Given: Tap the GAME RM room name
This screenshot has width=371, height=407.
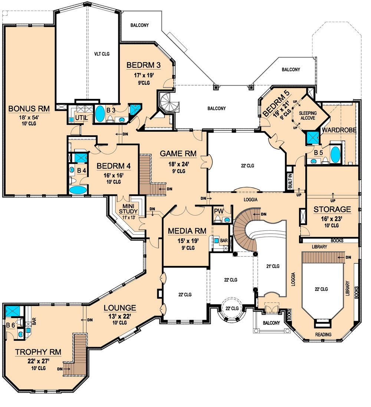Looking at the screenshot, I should point(178,153).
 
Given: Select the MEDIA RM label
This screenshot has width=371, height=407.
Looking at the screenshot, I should point(187,231).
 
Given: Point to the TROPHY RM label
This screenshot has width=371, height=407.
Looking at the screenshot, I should point(38,352).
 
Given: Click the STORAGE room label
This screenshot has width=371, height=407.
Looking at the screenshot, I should point(332,210).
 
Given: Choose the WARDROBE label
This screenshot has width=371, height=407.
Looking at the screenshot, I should point(339,130).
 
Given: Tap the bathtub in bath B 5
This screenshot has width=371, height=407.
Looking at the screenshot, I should point(335,155).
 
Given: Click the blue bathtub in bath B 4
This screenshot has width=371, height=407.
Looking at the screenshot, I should point(77,190).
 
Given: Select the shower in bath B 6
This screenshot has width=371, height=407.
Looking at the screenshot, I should point(10,312).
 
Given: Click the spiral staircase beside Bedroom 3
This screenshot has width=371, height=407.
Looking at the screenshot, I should point(168,102).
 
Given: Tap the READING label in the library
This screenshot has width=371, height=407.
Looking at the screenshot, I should point(323,334).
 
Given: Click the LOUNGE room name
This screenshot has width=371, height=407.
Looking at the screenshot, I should point(119,307).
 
